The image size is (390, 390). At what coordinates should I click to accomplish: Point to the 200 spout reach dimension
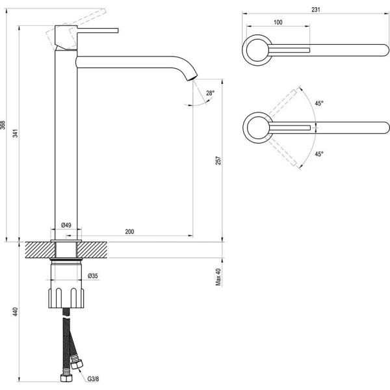(129, 231)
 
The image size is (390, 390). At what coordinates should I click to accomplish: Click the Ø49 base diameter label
(66, 226)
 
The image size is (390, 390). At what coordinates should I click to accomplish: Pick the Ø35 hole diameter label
(93, 276)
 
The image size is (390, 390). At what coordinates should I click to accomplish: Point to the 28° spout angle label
(209, 93)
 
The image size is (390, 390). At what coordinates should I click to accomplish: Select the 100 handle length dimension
(278, 23)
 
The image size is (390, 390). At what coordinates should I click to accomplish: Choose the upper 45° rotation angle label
(319, 103)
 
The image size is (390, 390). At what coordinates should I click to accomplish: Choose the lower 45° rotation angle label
(319, 154)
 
